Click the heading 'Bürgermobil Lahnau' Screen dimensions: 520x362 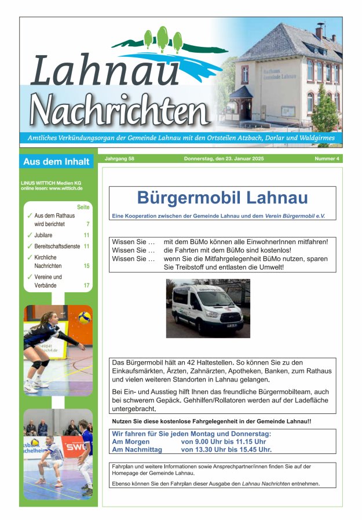[222, 198]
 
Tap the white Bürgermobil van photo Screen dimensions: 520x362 [208, 308]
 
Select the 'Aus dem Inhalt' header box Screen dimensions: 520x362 [56, 162]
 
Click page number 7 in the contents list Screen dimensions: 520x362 [87, 224]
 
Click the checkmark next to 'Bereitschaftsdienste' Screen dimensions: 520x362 [30, 246]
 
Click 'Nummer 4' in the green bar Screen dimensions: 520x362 [327, 159]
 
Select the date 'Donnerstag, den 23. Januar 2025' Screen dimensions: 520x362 [223, 159]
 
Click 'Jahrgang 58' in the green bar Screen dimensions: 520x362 [119, 159]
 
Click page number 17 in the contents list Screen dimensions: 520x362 [86, 285]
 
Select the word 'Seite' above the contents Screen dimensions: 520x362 [83, 207]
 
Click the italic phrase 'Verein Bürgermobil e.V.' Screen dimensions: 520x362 [295, 216]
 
